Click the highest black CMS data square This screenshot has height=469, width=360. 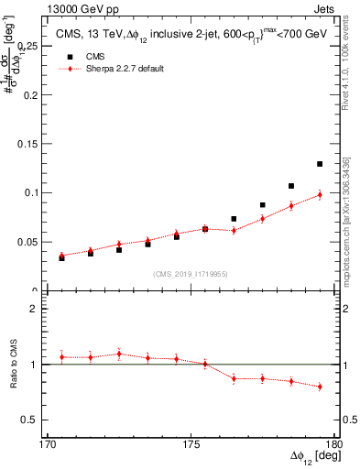pyautogui.click(x=320, y=164)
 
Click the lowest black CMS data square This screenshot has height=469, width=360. pyautogui.click(x=62, y=257)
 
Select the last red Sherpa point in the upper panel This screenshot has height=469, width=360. pyautogui.click(x=320, y=194)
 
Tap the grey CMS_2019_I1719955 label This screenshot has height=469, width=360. pyautogui.click(x=191, y=273)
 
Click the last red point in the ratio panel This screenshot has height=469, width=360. pyautogui.click(x=320, y=387)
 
